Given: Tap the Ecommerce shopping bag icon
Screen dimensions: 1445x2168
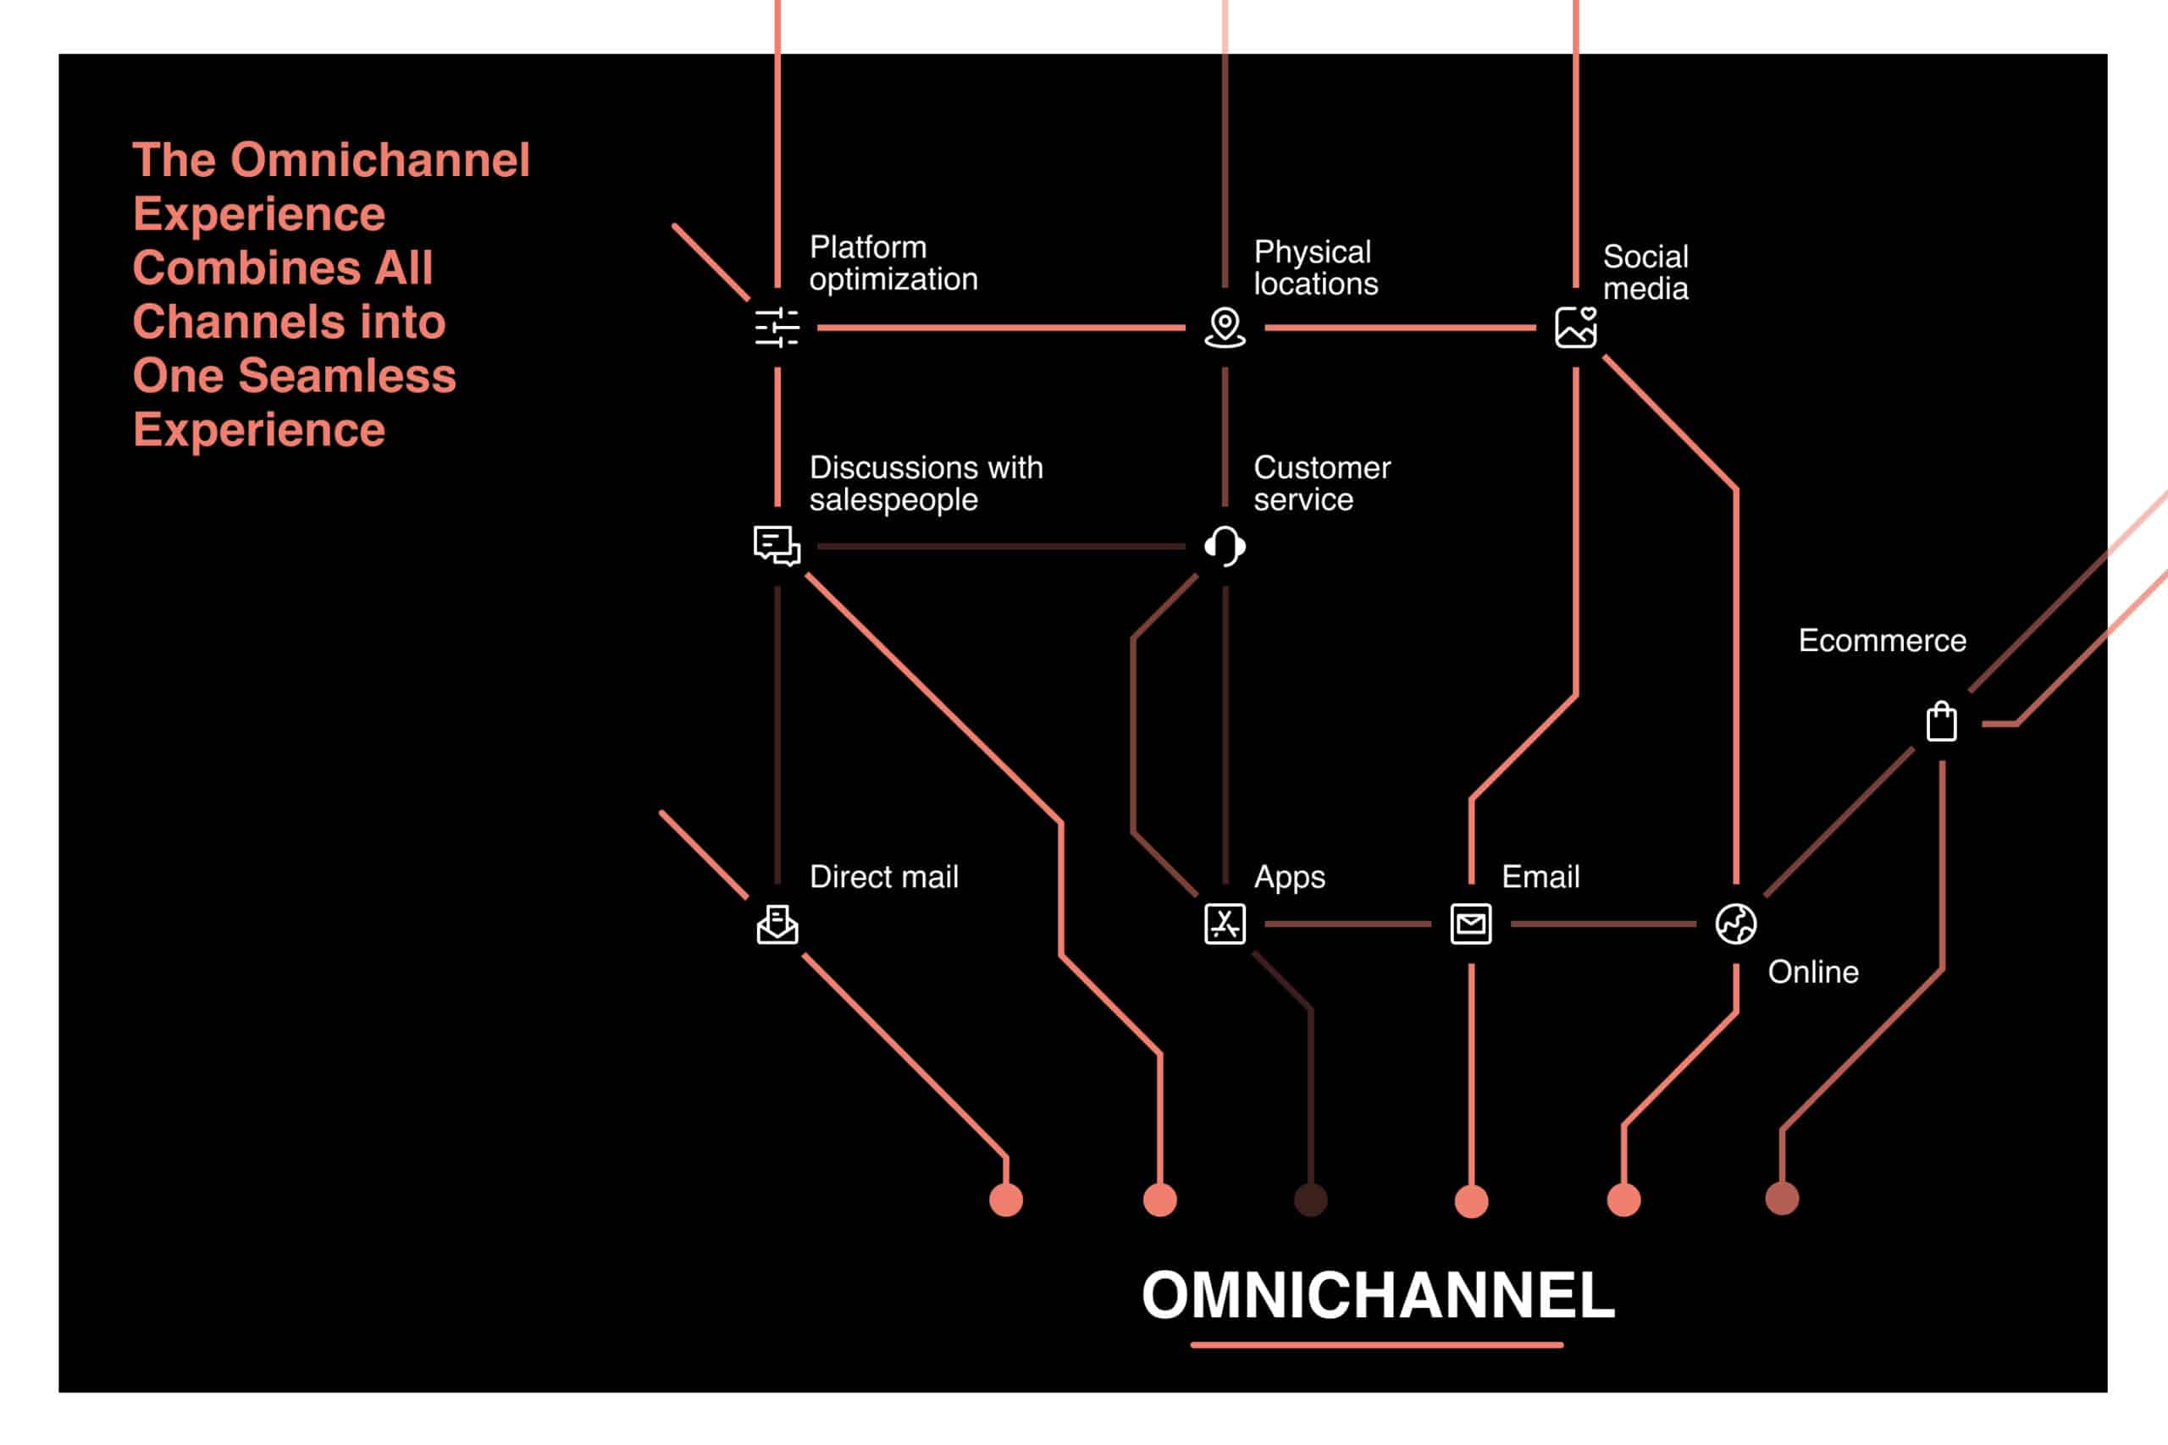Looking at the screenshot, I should (x=1942, y=721).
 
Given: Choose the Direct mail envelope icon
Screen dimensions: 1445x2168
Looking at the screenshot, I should (x=777, y=924).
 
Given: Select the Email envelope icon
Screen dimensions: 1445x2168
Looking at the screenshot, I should (x=1471, y=924).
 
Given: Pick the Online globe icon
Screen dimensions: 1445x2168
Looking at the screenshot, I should (x=1736, y=924).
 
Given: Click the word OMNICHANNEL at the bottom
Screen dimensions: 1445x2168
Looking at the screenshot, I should (x=1378, y=1296).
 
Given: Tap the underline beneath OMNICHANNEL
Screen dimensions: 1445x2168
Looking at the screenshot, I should (x=1377, y=1345).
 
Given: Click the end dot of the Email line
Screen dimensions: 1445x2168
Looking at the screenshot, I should (x=1471, y=1202).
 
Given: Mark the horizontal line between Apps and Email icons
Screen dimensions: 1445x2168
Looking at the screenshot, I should (x=1347, y=924).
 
